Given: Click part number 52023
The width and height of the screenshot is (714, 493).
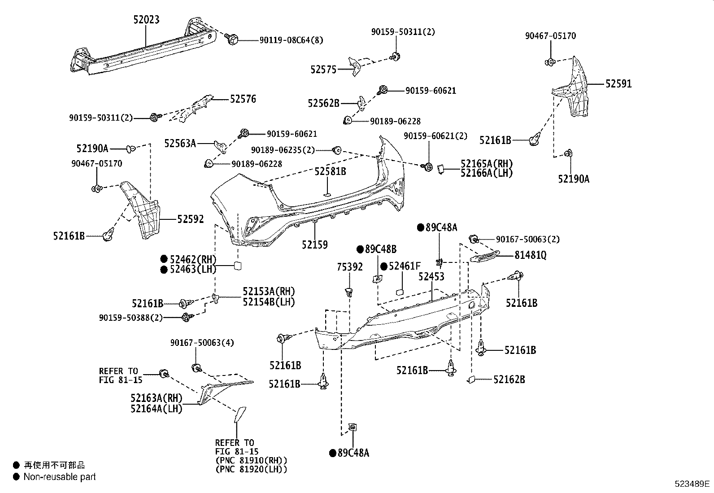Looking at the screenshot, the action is tap(146, 20).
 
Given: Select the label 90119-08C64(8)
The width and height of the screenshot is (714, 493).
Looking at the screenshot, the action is tap(292, 40).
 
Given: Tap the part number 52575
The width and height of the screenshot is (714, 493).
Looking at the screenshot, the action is tap(323, 70).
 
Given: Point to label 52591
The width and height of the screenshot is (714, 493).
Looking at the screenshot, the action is tap(618, 84).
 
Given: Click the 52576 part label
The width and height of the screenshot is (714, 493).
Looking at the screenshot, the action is tap(243, 99).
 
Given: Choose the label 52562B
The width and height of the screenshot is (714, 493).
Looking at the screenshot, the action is tap(323, 103).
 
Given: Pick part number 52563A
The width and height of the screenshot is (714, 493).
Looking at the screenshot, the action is tap(180, 144).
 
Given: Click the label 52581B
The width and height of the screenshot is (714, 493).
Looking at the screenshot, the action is tap(330, 171).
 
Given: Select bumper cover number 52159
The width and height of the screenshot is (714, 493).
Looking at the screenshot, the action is tap(314, 245).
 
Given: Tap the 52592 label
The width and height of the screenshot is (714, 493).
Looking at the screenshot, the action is tap(190, 219).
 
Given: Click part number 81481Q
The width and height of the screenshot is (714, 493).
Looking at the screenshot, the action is tap(531, 255).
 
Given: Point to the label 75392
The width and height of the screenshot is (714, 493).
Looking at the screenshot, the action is tap(350, 267).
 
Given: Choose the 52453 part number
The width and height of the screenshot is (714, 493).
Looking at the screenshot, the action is tap(431, 276).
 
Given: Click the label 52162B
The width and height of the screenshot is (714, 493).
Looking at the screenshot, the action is tap(509, 380).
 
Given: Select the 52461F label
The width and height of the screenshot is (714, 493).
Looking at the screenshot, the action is tap(405, 266).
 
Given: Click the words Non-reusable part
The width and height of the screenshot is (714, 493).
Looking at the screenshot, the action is tap(60, 477).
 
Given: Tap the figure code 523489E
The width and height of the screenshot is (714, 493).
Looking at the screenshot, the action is tap(692, 484).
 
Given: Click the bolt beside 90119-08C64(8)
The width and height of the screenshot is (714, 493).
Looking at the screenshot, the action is tap(232, 39).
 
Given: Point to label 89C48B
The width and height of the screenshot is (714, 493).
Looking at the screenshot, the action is tap(381, 249).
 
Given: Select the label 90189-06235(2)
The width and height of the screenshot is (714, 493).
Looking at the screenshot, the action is tap(283, 150).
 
